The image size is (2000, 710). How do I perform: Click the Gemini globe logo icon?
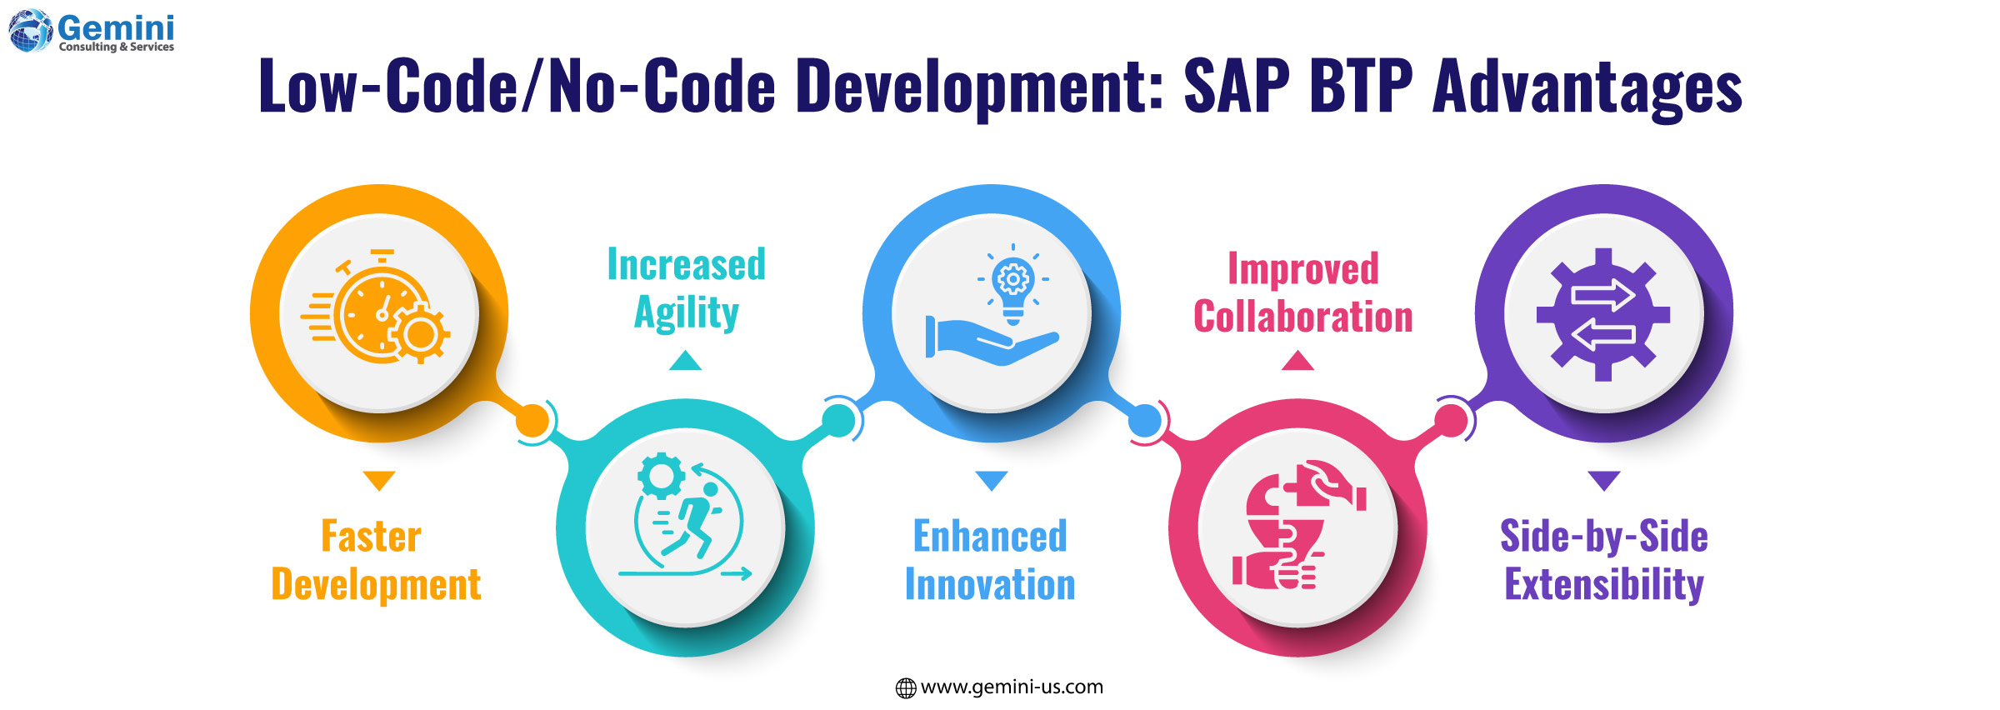[30, 31]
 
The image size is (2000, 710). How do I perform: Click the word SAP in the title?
[1237, 87]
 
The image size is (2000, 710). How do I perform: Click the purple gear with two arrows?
[1603, 314]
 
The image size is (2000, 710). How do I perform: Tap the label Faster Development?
[376, 560]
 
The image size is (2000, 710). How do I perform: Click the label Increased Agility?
[686, 288]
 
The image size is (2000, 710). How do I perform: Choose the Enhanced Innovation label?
[990, 560]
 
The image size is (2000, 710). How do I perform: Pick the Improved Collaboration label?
[1302, 293]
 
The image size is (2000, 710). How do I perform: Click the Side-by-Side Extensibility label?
[1603, 560]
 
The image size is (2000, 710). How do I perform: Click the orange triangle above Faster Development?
[379, 480]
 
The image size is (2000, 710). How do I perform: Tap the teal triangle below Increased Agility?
[685, 361]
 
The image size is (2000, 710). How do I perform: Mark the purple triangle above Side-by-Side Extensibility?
[1603, 480]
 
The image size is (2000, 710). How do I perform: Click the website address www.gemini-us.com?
[1012, 687]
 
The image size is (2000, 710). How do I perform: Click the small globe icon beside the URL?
[905, 687]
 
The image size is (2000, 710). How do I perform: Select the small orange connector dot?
[532, 421]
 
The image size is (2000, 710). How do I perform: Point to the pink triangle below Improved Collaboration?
[1297, 361]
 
